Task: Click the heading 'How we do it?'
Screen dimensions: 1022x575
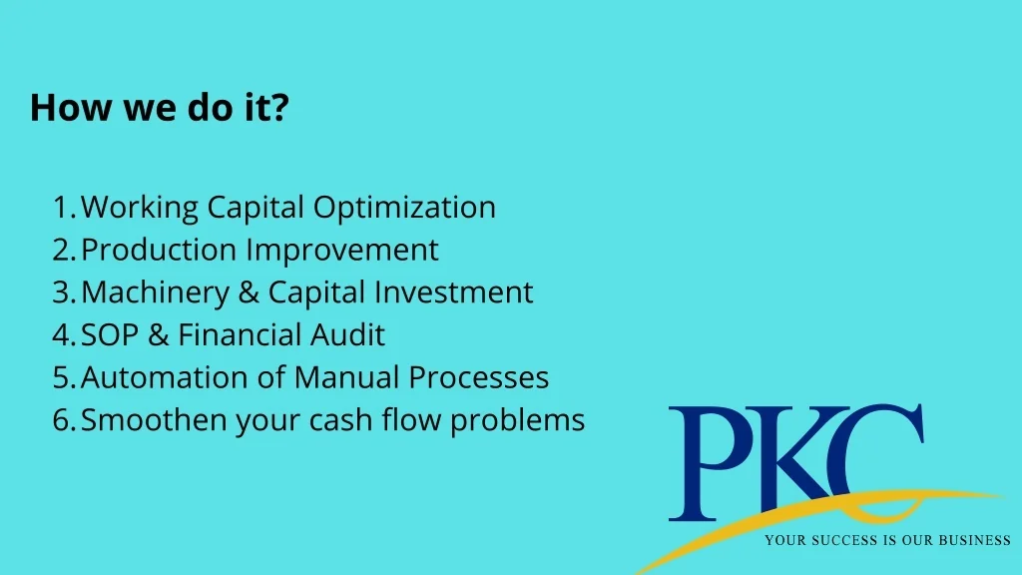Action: (x=160, y=107)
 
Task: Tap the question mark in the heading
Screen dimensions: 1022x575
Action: (x=280, y=107)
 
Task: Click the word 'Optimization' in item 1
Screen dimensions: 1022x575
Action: (x=404, y=209)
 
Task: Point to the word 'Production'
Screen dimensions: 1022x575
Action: (x=159, y=250)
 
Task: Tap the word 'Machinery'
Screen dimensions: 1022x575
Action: (x=155, y=293)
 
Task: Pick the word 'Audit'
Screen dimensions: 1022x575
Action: (x=347, y=335)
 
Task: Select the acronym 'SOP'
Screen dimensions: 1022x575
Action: (x=110, y=335)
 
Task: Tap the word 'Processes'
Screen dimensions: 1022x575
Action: (x=478, y=377)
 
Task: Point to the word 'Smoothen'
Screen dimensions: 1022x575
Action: (x=153, y=420)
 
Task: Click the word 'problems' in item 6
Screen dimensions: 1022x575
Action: (x=518, y=421)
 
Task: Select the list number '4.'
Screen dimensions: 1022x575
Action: (x=65, y=335)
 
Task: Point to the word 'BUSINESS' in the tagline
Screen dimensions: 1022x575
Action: (x=974, y=540)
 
